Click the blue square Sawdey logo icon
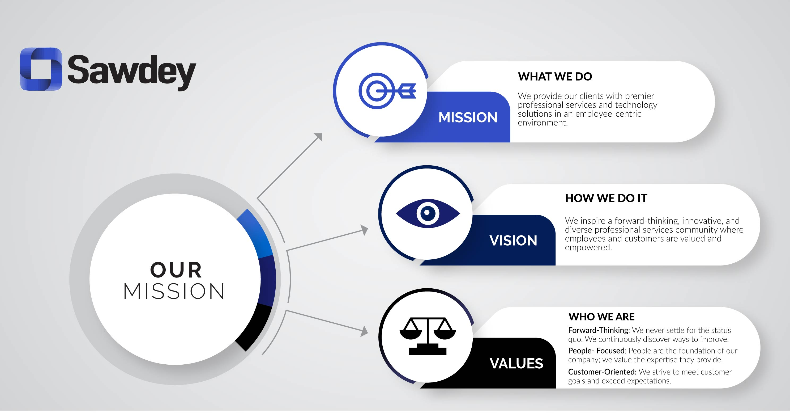(41, 69)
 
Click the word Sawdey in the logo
(131, 72)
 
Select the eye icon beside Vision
(428, 213)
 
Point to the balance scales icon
(428, 336)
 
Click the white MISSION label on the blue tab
(468, 117)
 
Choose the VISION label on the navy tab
(513, 241)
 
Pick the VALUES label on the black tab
(516, 364)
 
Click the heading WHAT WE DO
(555, 76)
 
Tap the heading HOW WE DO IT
(606, 198)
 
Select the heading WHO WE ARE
(601, 317)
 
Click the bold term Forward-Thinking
(598, 330)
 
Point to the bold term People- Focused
(596, 351)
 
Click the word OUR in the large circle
(176, 270)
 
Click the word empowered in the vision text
(588, 248)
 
